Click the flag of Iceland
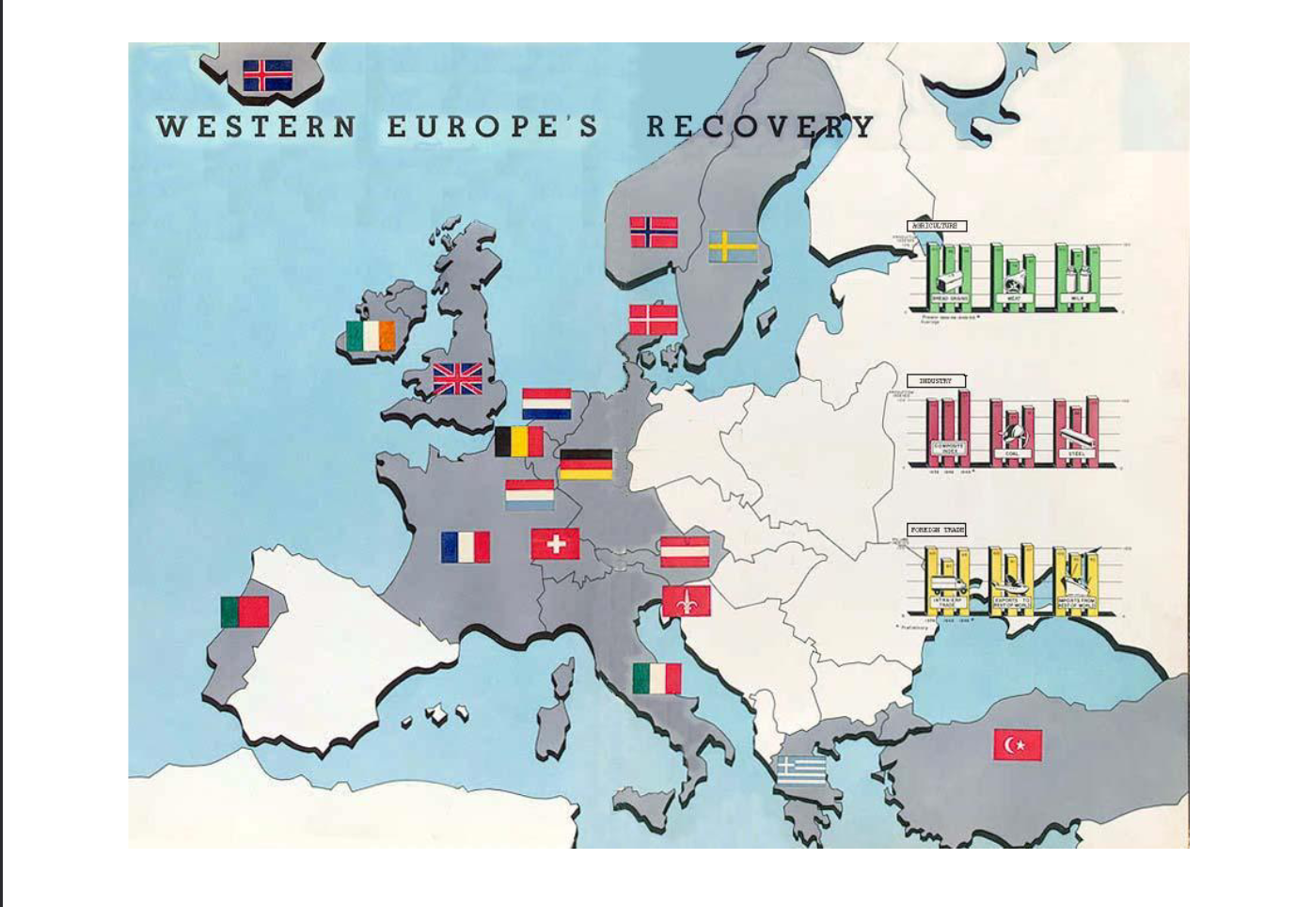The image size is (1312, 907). point(267,75)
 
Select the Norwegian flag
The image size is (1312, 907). point(654,231)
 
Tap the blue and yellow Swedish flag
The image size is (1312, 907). point(733,247)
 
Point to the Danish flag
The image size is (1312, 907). point(653,319)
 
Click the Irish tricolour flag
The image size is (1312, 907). point(371,336)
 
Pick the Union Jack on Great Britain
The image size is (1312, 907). point(457,379)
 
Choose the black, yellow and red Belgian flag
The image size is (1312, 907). point(519,441)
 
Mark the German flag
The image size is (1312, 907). point(586,464)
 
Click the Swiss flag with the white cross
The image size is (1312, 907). point(555,544)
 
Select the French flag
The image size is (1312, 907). point(465,547)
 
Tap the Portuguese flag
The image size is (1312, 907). point(245,612)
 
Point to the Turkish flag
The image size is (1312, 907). point(1018,744)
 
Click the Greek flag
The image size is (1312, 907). point(801,770)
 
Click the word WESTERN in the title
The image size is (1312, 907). point(256,127)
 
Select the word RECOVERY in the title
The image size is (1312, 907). point(760,126)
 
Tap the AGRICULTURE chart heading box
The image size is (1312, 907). point(937,226)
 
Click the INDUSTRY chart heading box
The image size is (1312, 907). point(937,381)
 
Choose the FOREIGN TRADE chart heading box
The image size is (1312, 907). point(937,530)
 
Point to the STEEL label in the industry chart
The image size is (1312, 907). point(1076,453)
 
